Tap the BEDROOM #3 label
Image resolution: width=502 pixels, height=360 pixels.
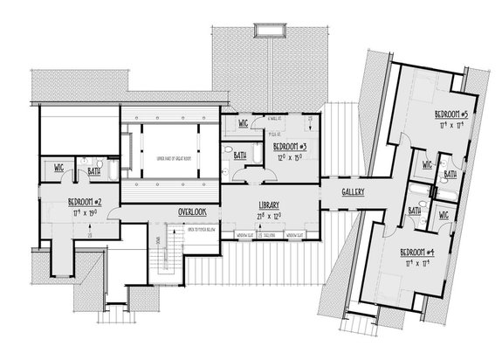(x=287, y=147)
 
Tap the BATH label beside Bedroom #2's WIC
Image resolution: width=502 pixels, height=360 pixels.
(x=93, y=172)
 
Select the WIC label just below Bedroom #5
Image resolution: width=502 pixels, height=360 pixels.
(x=427, y=163)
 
